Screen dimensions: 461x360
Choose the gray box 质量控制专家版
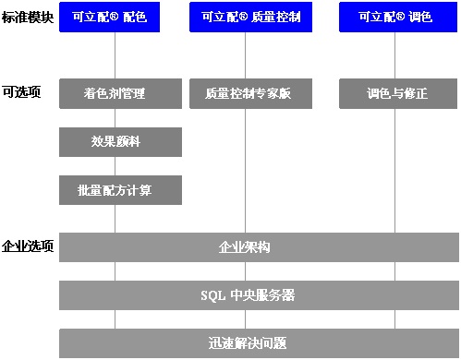point(246,93)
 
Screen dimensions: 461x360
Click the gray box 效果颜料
point(121,142)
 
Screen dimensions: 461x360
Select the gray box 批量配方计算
point(121,190)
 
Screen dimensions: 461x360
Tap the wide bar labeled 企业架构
point(259,247)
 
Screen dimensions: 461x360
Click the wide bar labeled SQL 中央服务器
point(259,295)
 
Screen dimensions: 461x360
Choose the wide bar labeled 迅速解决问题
point(259,343)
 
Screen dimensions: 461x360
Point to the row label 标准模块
point(28,18)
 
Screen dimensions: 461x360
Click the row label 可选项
point(21,92)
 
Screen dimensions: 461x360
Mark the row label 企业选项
point(28,246)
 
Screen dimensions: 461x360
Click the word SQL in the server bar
point(212,295)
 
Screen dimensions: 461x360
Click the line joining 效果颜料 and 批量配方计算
point(115,166)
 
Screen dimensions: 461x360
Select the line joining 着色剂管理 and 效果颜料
point(115,117)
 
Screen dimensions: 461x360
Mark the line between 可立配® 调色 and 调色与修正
point(394,55)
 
